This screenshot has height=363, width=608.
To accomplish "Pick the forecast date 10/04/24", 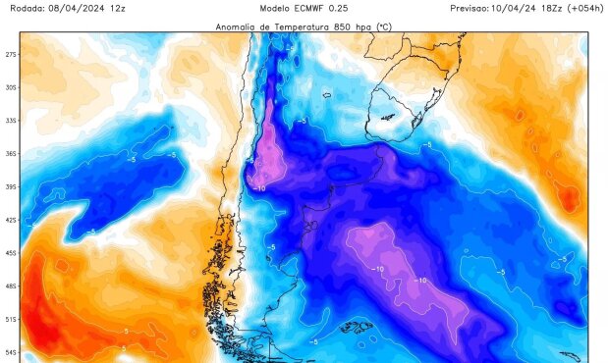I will (x=527, y=7).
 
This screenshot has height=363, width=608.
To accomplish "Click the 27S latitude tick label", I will (x=11, y=54).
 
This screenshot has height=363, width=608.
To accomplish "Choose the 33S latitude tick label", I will (x=11, y=121).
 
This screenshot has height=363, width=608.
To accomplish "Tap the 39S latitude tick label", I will (x=11, y=187).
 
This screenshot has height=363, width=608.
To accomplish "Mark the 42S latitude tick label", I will (x=11, y=221).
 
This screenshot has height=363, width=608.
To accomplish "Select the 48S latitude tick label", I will (x=11, y=286).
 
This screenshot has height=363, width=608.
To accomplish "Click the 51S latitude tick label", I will (x=11, y=320).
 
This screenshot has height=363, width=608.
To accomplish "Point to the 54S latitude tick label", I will (x=11, y=352).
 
